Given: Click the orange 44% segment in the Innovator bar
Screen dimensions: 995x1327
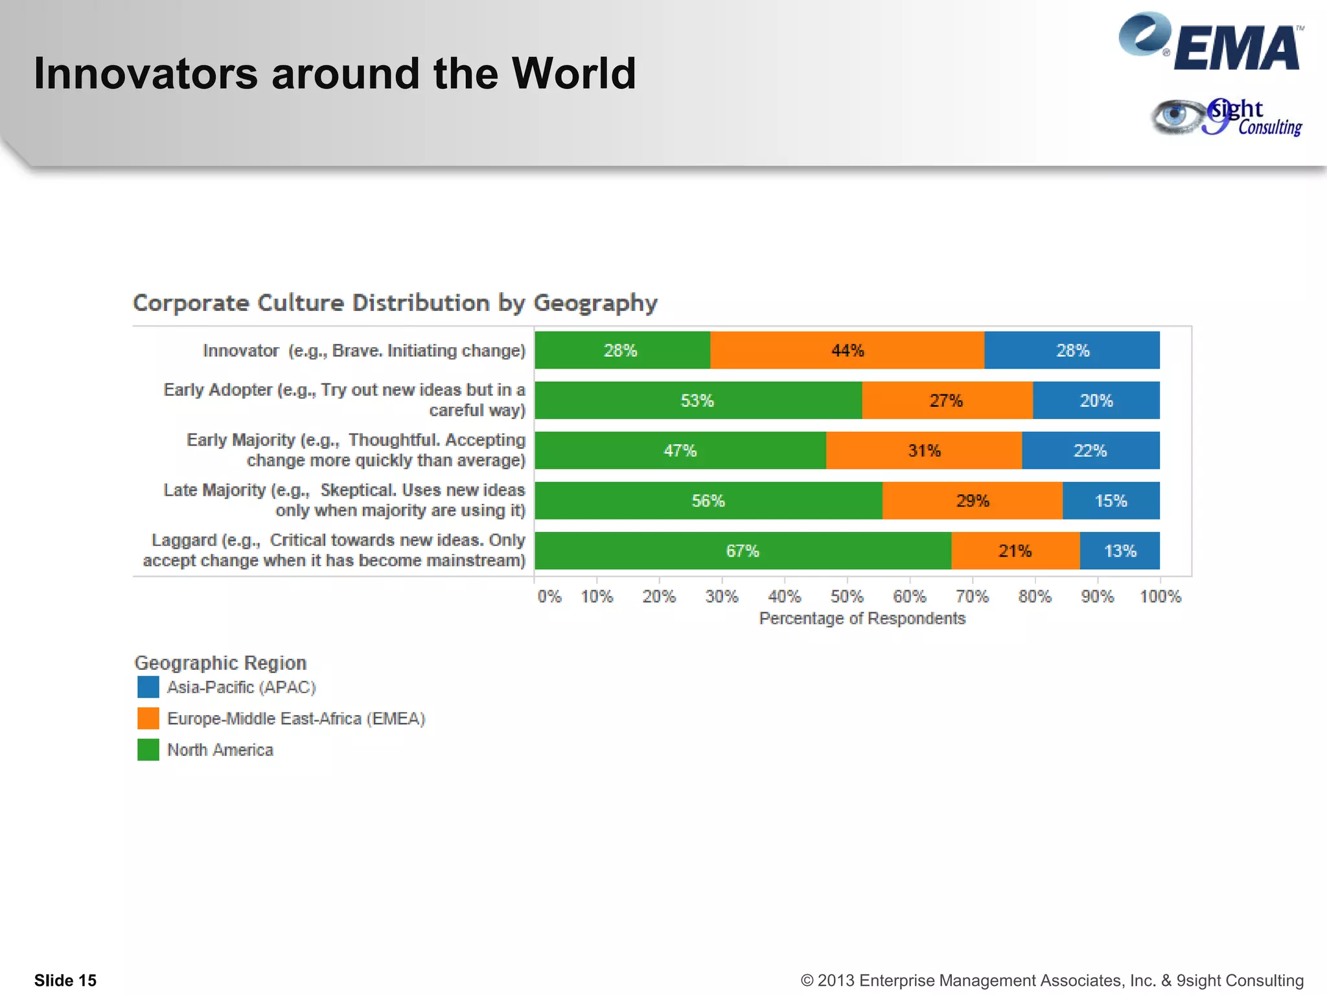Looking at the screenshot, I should coord(847,350).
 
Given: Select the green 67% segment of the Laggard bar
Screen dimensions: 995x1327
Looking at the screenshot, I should coord(743,551).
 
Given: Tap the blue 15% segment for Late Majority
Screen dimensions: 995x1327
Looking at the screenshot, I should coord(1111,501).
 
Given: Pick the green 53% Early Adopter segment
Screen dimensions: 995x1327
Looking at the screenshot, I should coord(698,400).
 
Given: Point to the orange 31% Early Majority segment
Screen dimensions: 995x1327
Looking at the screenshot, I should coord(924,450).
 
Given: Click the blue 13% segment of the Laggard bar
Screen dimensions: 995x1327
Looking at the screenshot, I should coord(1120,551).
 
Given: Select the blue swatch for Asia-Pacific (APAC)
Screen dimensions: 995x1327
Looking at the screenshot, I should coord(148,687).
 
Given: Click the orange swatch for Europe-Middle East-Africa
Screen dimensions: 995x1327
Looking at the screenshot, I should coord(148,718).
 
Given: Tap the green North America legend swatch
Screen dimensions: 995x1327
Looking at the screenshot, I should coord(148,749).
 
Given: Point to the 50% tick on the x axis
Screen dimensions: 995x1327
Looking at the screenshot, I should coord(847,596).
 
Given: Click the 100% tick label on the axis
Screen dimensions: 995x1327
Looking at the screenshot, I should coord(1160,596).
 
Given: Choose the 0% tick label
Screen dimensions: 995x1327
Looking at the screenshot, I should coord(549,596).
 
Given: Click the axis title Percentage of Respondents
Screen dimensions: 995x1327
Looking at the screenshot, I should coord(862,619).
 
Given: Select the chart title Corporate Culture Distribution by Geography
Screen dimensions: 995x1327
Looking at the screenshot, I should coord(395,303).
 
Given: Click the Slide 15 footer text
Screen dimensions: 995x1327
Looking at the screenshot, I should coord(65,980).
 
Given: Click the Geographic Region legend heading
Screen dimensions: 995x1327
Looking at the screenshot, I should coord(220,663).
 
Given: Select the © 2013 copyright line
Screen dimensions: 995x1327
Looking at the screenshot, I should coord(1052,980).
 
